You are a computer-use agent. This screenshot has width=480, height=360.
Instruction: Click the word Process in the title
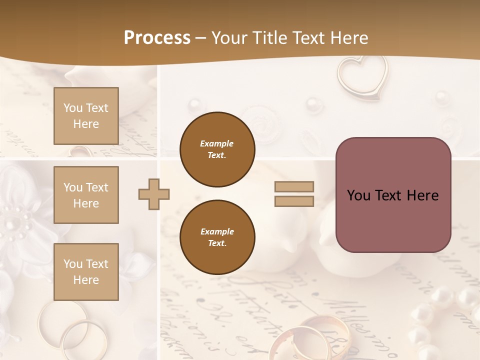tap(157, 38)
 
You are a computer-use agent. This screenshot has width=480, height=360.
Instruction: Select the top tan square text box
tap(86, 116)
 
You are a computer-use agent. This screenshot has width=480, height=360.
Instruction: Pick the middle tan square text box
tap(86, 195)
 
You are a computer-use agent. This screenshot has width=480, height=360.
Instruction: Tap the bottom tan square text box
tap(86, 271)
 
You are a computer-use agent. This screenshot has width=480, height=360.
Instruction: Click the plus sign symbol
tap(154, 194)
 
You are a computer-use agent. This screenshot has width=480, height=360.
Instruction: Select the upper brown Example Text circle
tap(217, 149)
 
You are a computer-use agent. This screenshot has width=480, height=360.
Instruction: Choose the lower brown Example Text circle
tap(217, 237)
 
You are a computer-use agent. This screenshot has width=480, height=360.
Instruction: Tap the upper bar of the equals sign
tap(294, 186)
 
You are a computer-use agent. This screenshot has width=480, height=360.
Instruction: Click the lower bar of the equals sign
tap(294, 201)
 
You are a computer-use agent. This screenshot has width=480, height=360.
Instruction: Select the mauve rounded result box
tap(393, 195)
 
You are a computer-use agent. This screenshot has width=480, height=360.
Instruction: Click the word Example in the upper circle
tap(217, 143)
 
